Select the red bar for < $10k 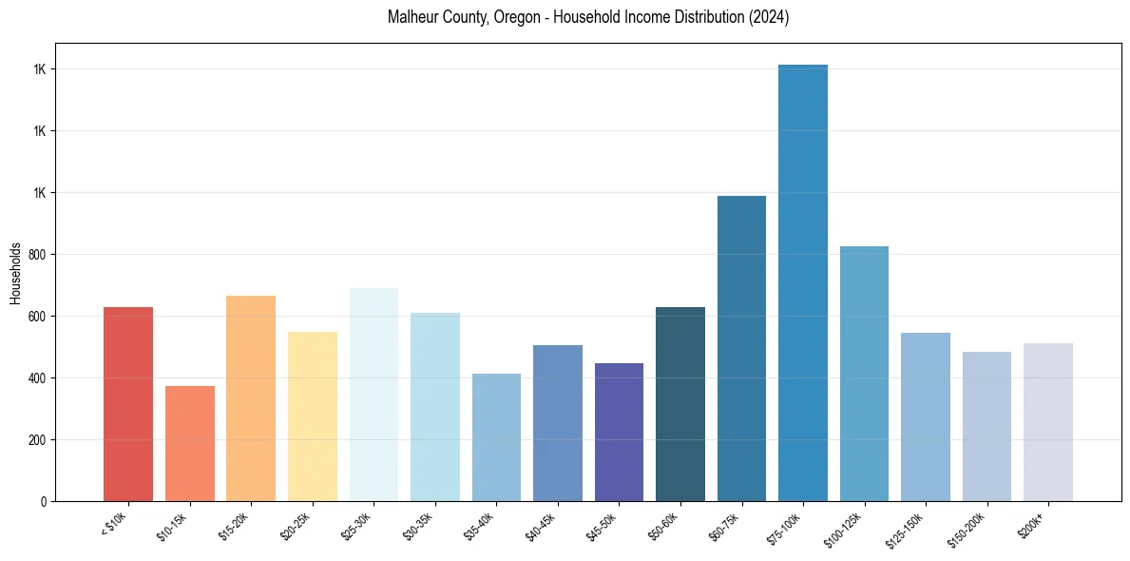click(x=128, y=404)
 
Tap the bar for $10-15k click(x=190, y=443)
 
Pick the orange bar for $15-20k click(x=251, y=398)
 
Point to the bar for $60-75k click(x=741, y=348)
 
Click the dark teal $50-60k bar click(x=680, y=404)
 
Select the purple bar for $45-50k click(x=619, y=432)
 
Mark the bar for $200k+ click(x=1048, y=422)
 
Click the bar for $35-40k click(x=496, y=437)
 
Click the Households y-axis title click(x=15, y=272)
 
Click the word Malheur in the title click(x=412, y=18)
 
